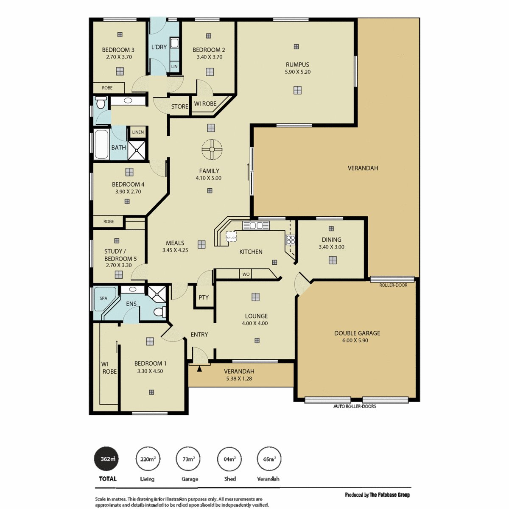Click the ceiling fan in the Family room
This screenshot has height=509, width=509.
click(x=212, y=149)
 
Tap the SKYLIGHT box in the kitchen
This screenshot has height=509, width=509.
click(x=232, y=237)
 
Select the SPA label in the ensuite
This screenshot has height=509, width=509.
click(x=103, y=299)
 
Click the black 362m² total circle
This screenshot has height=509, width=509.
click(x=106, y=459)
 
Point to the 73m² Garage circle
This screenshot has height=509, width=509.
click(x=188, y=459)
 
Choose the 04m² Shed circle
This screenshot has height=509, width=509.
click(x=229, y=459)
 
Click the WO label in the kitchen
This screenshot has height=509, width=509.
click(x=246, y=274)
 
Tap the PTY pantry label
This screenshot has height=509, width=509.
click(x=204, y=297)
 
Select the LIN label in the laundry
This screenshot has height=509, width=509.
click(x=174, y=67)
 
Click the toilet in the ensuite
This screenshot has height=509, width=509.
click(x=160, y=312)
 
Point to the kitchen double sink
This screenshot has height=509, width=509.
click(x=256, y=226)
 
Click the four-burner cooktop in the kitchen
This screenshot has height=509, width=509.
click(x=290, y=240)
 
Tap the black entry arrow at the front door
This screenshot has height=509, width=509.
click(x=199, y=369)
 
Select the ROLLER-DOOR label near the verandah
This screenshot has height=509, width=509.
click(x=393, y=285)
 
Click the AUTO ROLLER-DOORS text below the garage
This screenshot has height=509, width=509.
click(x=355, y=406)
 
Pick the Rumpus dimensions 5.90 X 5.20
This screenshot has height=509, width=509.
click(x=297, y=72)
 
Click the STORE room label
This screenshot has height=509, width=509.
click(x=179, y=106)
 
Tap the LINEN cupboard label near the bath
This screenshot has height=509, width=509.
click(x=138, y=132)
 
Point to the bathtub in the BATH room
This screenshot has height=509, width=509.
click(x=101, y=144)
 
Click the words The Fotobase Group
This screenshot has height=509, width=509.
click(x=390, y=495)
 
